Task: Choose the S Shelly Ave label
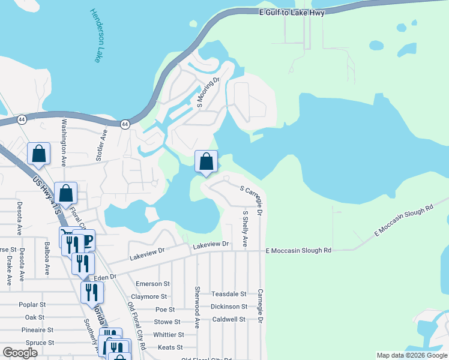click(245, 229)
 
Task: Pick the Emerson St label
click(153, 284)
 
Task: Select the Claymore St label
click(149, 296)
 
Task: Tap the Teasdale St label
click(229, 294)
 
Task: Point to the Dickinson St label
click(228, 307)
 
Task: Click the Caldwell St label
click(229, 319)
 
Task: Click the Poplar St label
click(32, 305)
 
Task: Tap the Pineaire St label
click(37, 330)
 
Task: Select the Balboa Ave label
click(46, 259)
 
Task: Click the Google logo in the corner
click(20, 353)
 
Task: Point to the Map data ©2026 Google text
click(412, 355)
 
